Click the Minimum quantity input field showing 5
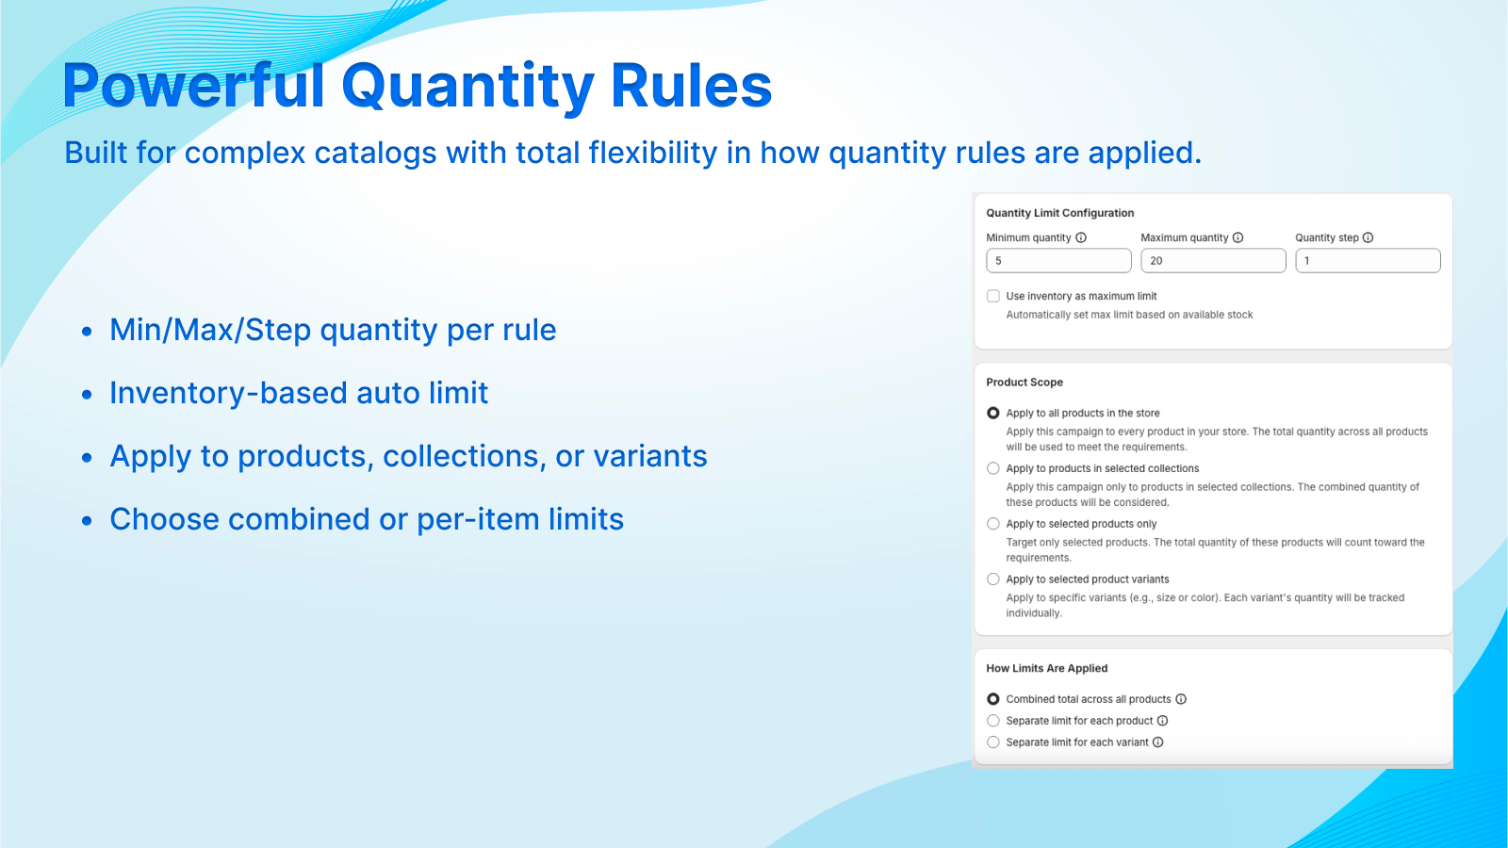1058,260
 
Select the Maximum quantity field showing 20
1213,260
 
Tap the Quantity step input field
1368,260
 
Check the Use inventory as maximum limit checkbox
993,296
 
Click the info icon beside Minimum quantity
1081,237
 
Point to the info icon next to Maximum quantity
1238,237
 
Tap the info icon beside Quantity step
1368,237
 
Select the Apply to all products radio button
993,414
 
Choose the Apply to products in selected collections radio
993,468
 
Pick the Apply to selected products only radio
993,524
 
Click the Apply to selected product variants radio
993,579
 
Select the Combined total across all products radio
993,699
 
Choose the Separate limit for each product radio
993,721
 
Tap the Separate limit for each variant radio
993,742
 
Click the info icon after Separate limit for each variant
1158,742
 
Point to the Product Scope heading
1024,383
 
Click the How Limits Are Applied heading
1047,668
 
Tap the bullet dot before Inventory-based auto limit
86,395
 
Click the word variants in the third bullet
649,456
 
